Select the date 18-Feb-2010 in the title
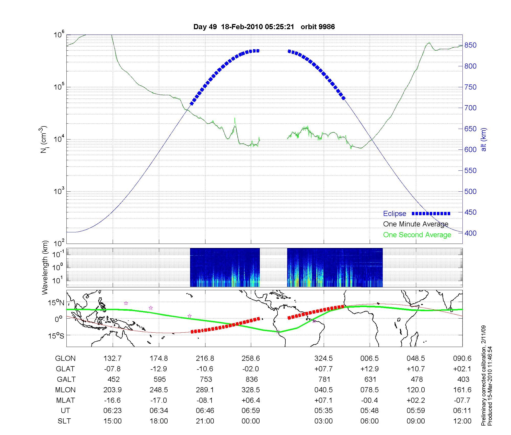241,27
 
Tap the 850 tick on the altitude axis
470,45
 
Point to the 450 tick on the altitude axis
470,212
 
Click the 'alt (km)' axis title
484,139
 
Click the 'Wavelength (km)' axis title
45,267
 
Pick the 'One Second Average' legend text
417,235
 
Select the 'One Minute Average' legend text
416,224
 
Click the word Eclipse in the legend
394,214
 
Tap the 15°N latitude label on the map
56,303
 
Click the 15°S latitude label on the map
56,335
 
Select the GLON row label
65,358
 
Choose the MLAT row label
65,400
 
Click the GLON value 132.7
112,358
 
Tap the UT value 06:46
205,411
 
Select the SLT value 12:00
462,421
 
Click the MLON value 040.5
323,390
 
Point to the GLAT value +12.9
369,369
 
